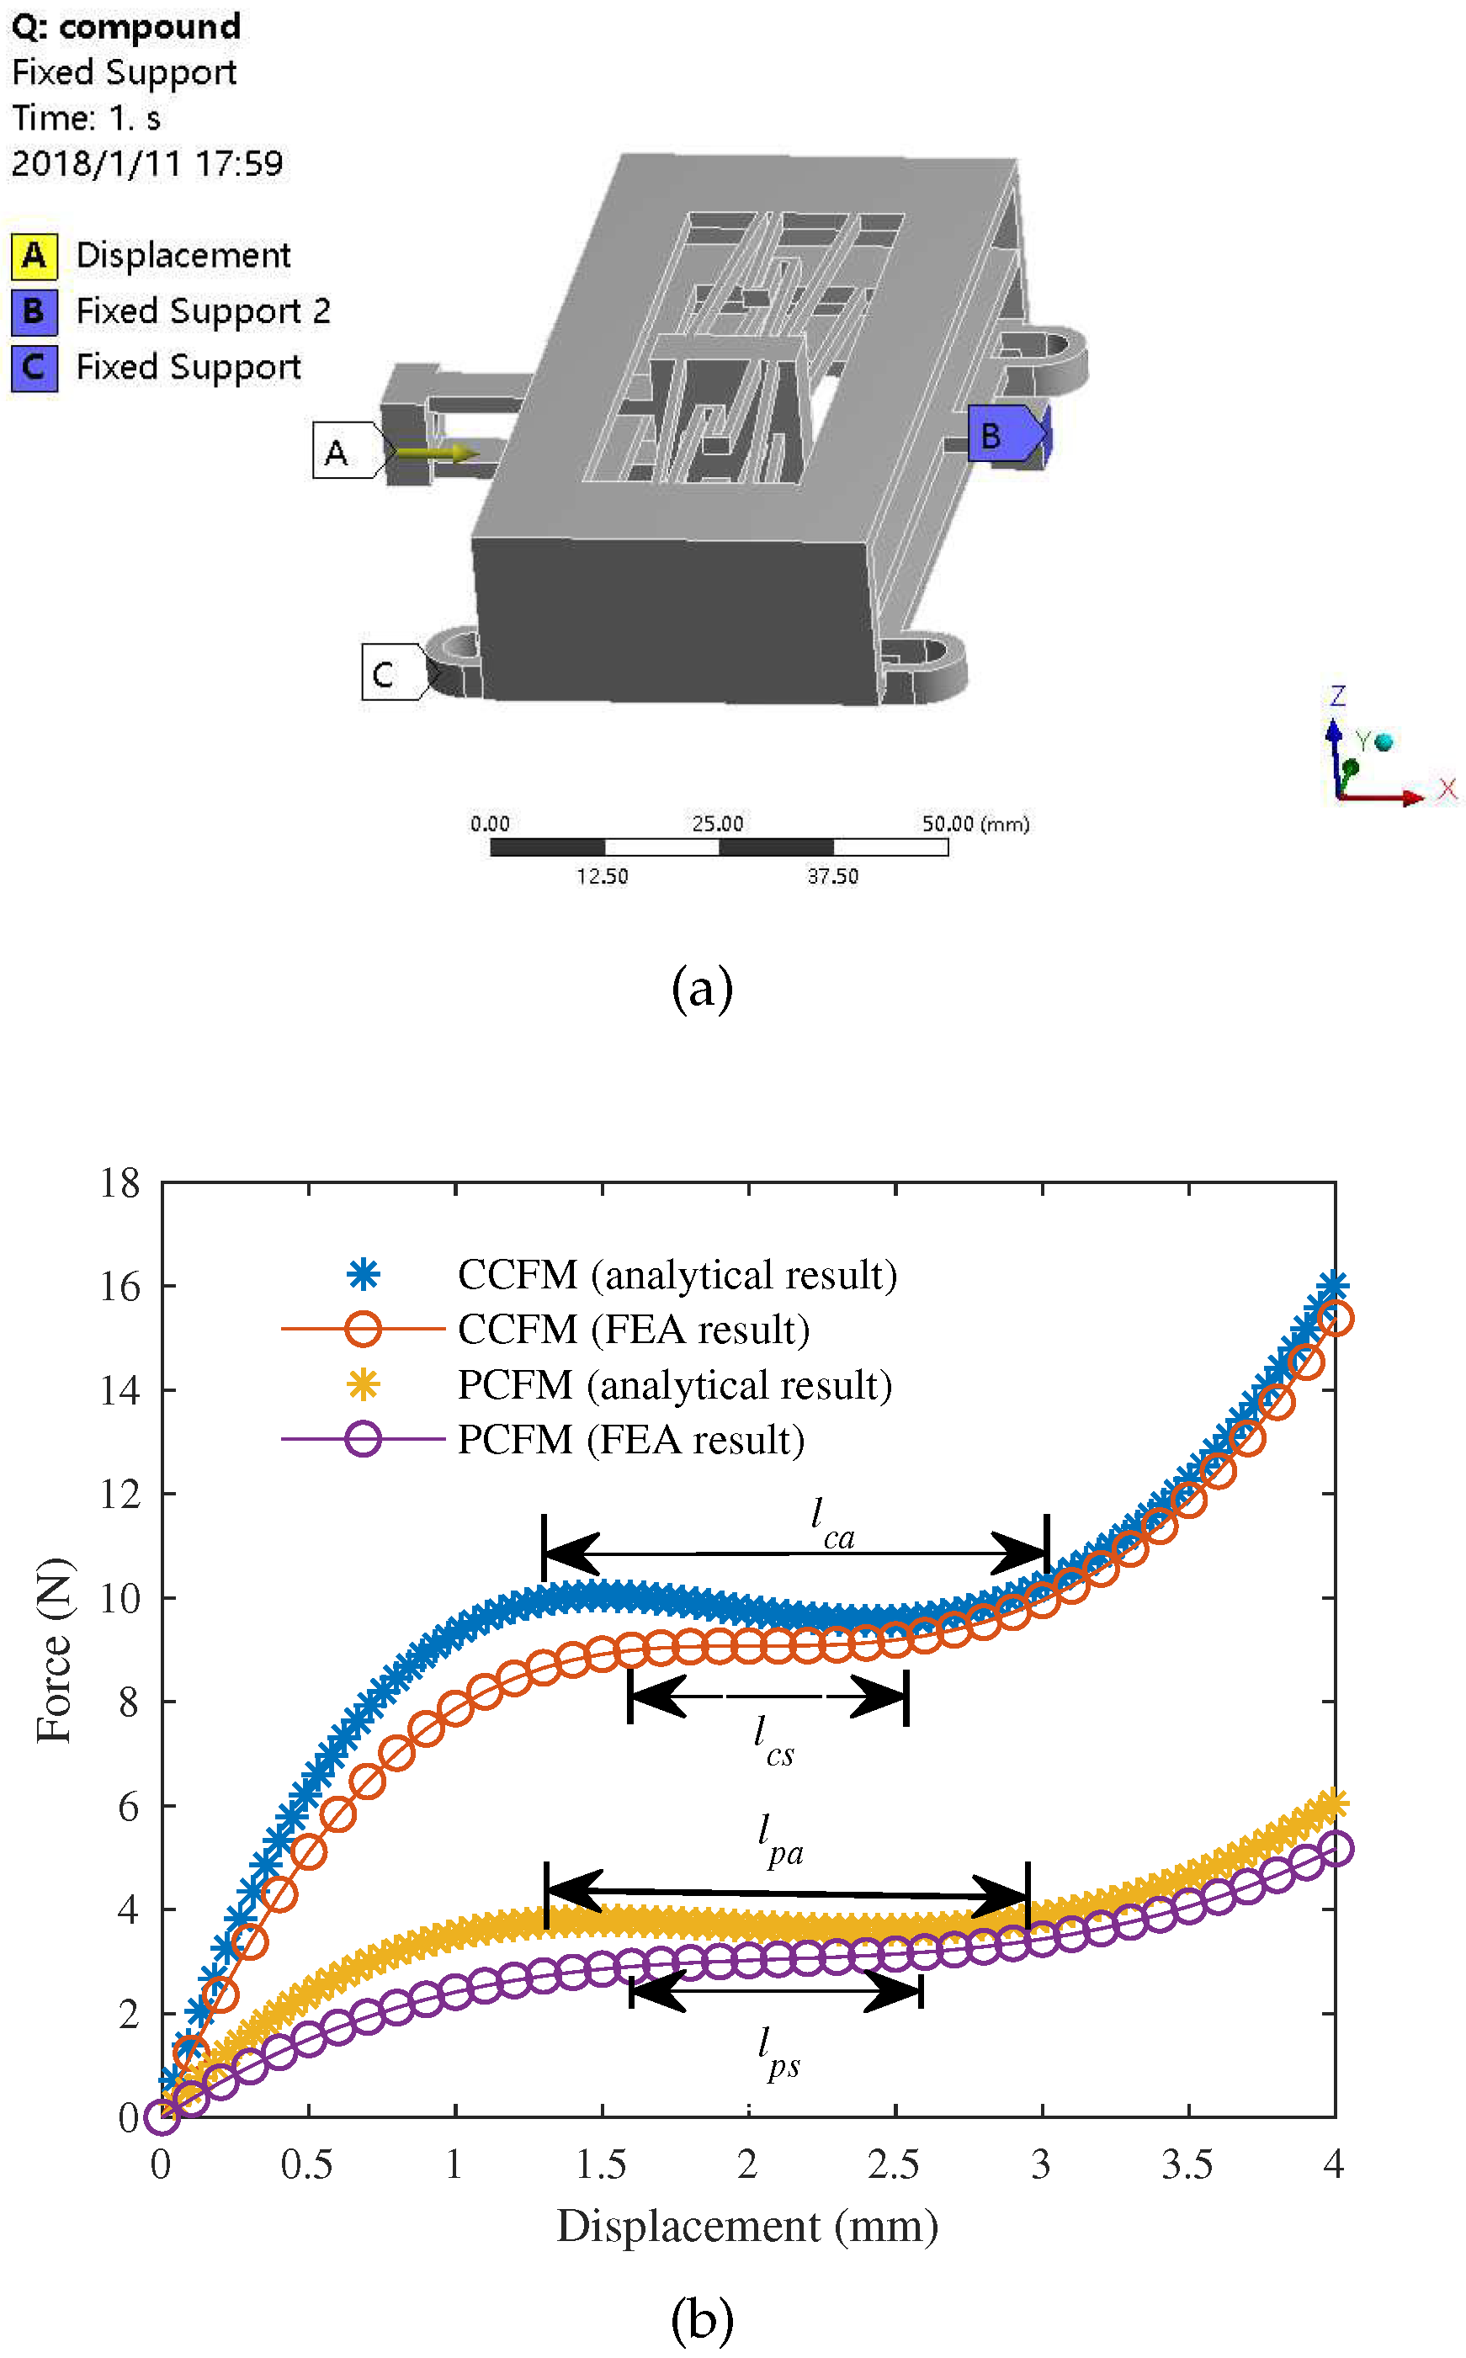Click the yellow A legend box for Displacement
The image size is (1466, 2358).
34,256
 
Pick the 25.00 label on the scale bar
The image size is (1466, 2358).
718,823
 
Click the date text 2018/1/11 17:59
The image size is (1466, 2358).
147,163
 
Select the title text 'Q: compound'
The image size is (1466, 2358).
126,26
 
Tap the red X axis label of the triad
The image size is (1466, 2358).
1447,789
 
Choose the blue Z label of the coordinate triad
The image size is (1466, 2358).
1338,694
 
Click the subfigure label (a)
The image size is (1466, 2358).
702,989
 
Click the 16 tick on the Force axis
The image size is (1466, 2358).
120,1287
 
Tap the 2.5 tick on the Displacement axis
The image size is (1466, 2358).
893,2164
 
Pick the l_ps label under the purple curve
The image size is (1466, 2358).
778,2053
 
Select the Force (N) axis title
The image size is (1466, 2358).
53,1650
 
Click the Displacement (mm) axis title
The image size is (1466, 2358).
747,2226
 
